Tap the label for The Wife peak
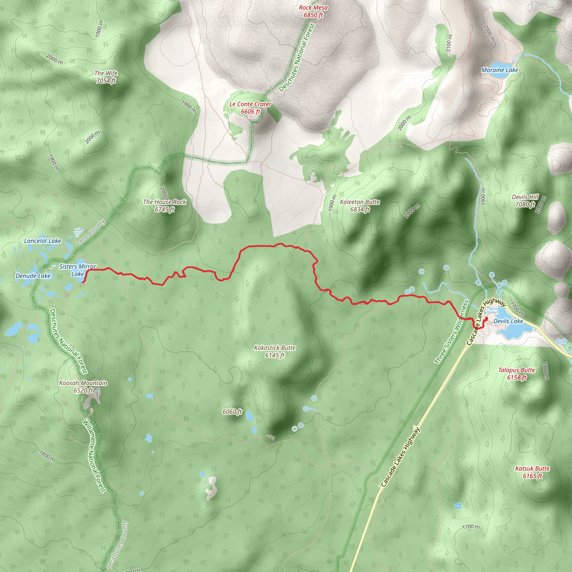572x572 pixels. pos(106,77)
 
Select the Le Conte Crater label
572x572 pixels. pos(250,108)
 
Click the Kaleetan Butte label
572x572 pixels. pos(360,206)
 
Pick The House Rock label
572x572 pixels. pos(165,206)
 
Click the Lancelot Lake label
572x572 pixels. pos(42,241)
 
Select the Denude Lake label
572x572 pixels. pos(33,276)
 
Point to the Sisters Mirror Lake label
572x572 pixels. pos(78,270)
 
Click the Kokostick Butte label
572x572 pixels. pos(275,351)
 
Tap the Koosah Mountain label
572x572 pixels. pos(83,386)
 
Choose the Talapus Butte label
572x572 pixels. pos(516,373)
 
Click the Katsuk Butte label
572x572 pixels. pos(532,472)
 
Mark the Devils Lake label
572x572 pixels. pos(508,321)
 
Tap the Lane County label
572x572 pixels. pos(90,232)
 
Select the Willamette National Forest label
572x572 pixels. pos(94,456)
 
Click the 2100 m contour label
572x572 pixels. pos(449,44)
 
